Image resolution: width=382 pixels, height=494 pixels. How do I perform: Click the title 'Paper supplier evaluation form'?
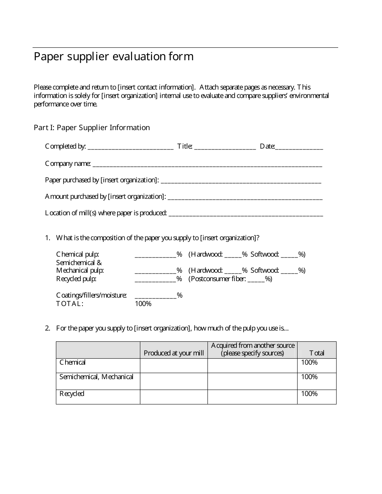click(113, 57)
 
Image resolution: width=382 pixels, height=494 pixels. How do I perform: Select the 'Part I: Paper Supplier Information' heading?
click(92, 128)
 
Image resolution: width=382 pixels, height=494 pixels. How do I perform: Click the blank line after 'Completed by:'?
click(130, 147)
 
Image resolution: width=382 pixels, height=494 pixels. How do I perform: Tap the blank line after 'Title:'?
click(225, 147)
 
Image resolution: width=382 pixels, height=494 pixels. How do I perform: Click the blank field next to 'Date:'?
click(299, 147)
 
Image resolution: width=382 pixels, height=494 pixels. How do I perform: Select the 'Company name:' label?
click(68, 164)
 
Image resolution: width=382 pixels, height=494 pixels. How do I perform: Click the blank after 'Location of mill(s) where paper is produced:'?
click(246, 213)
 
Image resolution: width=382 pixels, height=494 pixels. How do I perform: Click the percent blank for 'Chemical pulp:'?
click(155, 255)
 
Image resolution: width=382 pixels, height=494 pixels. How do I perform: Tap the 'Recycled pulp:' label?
click(76, 279)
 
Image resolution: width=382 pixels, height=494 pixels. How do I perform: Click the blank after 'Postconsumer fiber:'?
click(256, 279)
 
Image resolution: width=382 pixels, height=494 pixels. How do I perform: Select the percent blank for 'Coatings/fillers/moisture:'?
click(155, 296)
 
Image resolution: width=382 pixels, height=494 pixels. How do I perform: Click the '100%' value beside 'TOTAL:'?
click(143, 304)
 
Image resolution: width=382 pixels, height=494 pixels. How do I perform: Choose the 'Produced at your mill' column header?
click(174, 353)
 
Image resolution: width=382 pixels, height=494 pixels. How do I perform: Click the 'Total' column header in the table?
click(316, 353)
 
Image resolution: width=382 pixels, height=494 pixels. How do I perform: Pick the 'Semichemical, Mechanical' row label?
click(97, 377)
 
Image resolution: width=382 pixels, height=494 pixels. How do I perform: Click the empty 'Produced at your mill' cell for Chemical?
click(174, 365)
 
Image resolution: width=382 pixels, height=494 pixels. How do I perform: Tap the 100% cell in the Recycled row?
click(309, 394)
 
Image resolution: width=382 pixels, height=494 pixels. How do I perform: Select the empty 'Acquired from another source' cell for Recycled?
click(252, 397)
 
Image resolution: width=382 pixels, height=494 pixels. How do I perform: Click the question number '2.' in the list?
click(47, 329)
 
